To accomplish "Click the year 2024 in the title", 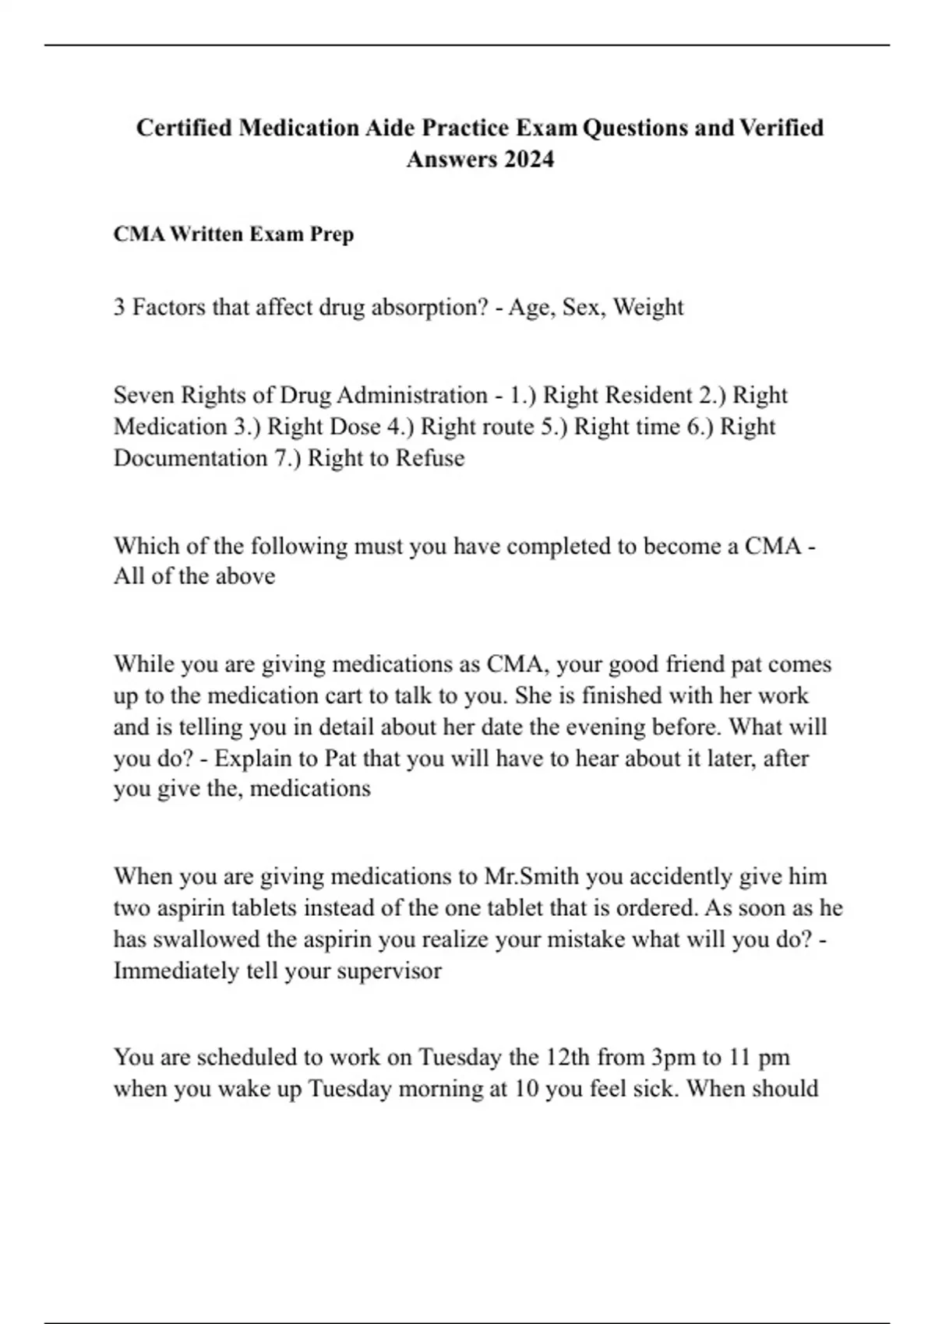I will pos(528,159).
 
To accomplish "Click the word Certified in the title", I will pos(184,127).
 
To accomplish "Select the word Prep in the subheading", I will pos(332,234).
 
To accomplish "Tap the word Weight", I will pos(647,308).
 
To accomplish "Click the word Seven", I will pos(144,395).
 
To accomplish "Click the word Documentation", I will pos(190,458).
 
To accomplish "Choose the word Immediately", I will pos(176,970).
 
